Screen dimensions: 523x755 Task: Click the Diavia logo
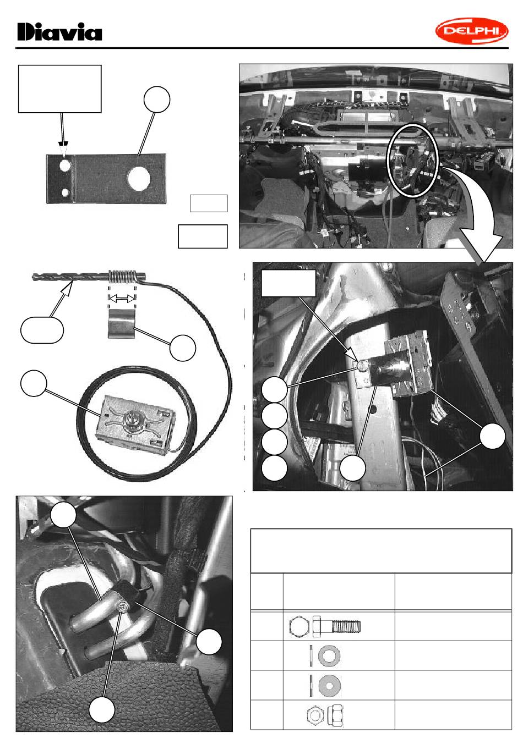click(59, 32)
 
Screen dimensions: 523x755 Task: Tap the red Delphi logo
click(471, 31)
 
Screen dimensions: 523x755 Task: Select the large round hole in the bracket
click(139, 178)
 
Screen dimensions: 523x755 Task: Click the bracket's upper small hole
click(65, 165)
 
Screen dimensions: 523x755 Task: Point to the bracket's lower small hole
click(65, 192)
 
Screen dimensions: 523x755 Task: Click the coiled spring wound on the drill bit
click(122, 277)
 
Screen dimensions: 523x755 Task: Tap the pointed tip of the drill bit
click(33, 277)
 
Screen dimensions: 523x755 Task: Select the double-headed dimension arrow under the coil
click(122, 298)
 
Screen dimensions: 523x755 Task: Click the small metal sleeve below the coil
click(122, 324)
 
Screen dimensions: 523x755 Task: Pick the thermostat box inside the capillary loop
click(135, 423)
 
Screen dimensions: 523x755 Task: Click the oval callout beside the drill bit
click(42, 330)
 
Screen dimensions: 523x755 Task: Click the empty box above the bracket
click(59, 89)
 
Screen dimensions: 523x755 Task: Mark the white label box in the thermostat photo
click(288, 283)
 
